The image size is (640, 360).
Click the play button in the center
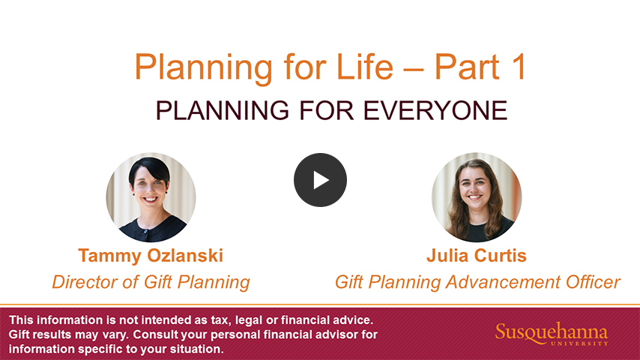321,180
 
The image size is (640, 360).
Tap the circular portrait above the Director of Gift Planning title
151,197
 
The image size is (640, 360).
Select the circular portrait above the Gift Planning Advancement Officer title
477,197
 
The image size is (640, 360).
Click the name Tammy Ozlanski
151,256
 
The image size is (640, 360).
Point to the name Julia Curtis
477,256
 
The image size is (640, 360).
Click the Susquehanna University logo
552,334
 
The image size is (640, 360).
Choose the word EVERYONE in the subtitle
435,110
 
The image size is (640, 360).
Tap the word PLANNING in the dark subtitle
222,110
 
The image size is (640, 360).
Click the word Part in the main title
467,67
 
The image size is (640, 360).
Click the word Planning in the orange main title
203,67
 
